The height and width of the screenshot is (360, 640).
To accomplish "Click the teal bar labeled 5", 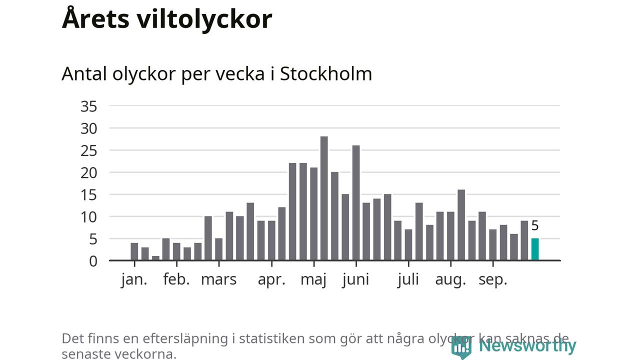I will click(535, 249).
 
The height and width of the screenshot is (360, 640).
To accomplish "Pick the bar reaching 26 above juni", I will click(356, 203).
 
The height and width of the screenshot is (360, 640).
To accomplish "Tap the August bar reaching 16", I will click(461, 225).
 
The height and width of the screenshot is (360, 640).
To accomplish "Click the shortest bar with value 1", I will click(155, 258).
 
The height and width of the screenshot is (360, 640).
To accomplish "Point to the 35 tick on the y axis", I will click(88, 106).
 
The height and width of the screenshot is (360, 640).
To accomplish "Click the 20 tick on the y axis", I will click(88, 172).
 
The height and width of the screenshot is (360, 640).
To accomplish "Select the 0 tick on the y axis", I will click(93, 261).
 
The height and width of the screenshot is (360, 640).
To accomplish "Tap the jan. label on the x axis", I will click(134, 279).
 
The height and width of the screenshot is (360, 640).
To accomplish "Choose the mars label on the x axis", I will click(218, 279).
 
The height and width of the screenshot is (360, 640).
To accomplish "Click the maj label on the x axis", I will click(313, 279).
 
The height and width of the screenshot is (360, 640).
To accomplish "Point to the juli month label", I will click(408, 279).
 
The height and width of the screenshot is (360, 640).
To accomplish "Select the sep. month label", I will click(493, 279).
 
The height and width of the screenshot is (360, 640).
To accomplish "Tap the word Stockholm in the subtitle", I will click(326, 74).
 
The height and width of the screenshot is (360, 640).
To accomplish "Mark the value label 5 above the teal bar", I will click(535, 226).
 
